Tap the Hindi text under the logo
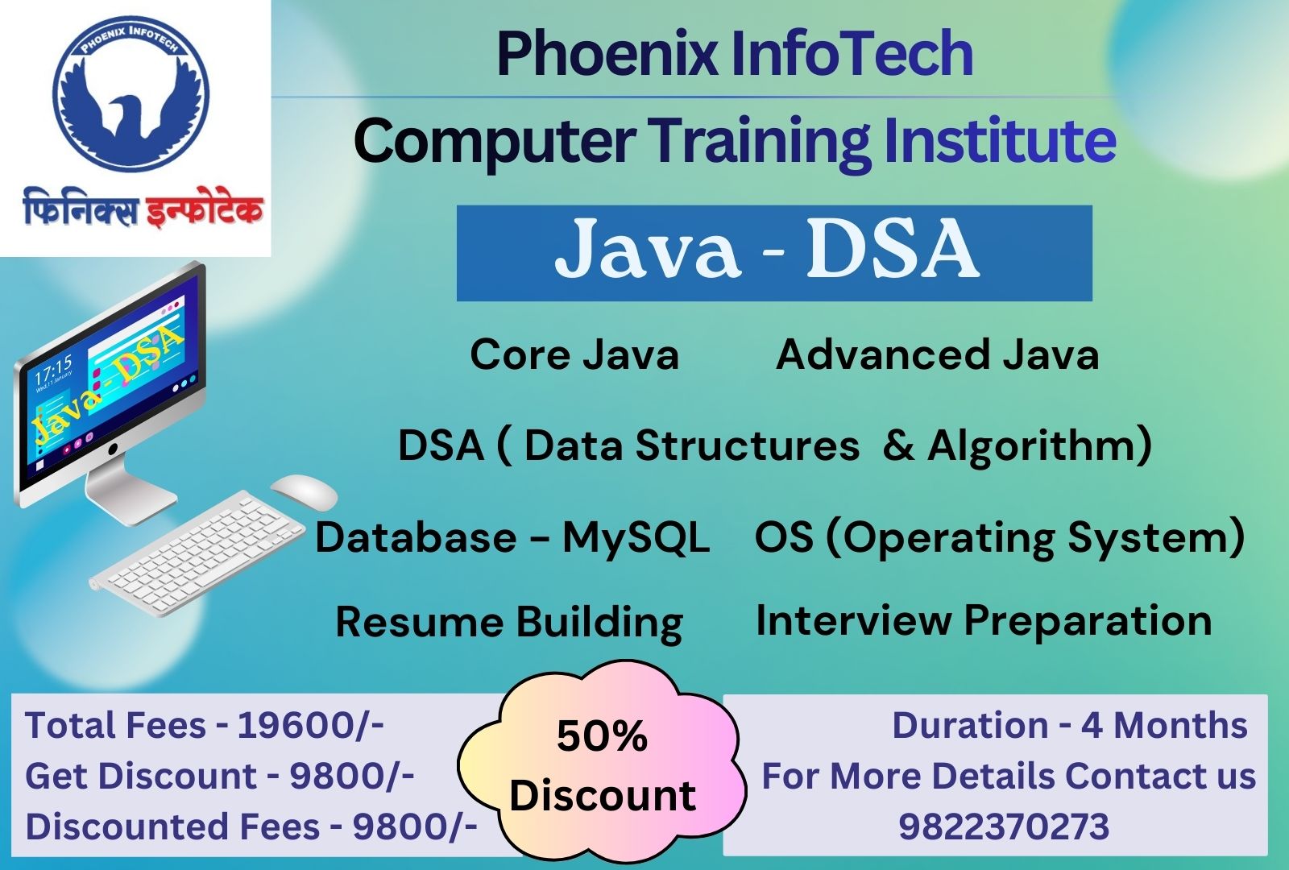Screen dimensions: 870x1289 [143, 208]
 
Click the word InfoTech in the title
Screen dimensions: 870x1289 [852, 53]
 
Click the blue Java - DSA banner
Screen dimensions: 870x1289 [773, 252]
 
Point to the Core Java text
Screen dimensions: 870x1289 [574, 354]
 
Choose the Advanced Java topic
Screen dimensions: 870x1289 [937, 354]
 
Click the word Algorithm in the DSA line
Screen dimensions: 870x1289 [1039, 445]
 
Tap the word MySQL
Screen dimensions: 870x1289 [636, 537]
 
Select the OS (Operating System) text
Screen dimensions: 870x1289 [999, 537]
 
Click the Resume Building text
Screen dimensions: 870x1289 [509, 623]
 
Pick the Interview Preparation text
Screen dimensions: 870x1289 [983, 620]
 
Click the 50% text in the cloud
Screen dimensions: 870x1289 [602, 736]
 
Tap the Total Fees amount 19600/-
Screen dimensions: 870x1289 [310, 725]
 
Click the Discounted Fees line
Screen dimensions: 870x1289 [251, 826]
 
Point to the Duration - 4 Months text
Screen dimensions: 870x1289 [1069, 725]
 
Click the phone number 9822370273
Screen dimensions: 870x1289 [1004, 826]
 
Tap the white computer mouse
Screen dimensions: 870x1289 [303, 490]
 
